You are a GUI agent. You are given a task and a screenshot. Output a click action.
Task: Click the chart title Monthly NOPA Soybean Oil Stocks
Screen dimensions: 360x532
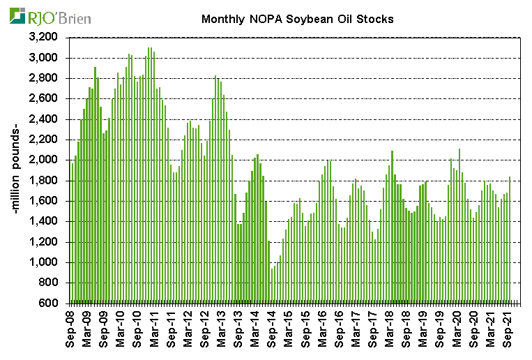pos(297,19)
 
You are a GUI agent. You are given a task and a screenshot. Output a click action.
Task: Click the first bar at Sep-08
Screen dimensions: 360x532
pos(71,233)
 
